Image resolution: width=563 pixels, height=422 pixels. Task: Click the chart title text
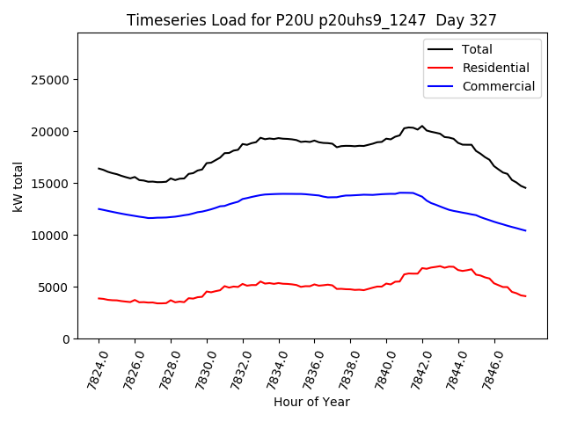[x=311, y=20]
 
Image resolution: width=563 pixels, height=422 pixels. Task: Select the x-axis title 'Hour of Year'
[x=311, y=402]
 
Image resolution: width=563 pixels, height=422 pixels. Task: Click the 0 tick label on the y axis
[x=66, y=339]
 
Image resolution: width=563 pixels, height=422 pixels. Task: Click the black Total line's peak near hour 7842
[x=421, y=126]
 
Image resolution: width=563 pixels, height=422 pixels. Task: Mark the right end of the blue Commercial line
[x=525, y=230]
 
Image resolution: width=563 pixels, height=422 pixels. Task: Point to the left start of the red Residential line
[x=99, y=298]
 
